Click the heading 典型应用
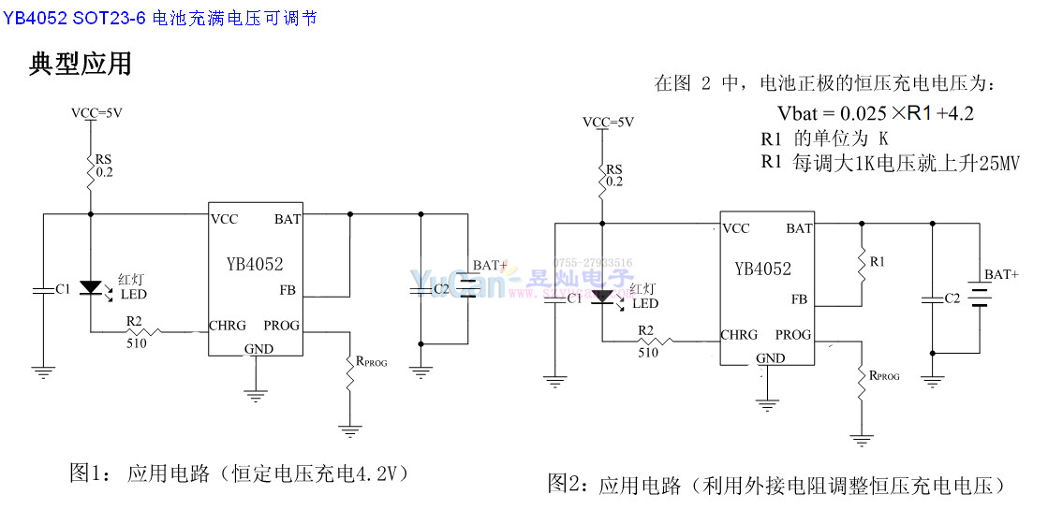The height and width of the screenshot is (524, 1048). point(81,64)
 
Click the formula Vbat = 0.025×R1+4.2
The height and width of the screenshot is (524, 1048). point(876,113)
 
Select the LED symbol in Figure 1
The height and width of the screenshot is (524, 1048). point(91,287)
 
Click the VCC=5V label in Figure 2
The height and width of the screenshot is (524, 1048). point(607,122)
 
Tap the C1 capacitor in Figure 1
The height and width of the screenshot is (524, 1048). point(43,290)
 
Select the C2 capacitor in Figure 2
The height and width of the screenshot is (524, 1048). point(932,299)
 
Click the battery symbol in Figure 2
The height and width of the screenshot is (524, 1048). point(980,298)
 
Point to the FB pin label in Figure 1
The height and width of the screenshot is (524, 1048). point(287,290)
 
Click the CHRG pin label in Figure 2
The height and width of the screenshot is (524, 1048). point(739,335)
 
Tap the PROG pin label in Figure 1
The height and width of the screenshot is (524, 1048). point(282,326)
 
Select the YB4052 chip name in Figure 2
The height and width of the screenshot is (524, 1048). point(762,269)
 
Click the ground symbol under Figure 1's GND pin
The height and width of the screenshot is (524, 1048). point(255,393)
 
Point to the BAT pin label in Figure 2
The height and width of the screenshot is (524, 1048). point(799,228)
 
